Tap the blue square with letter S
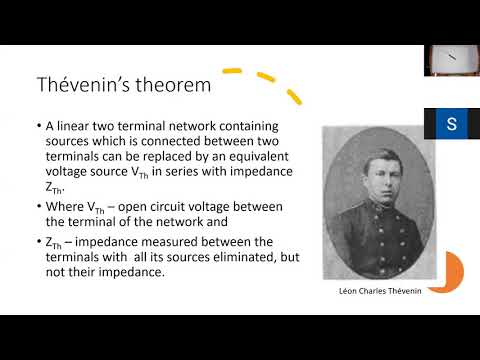pyautogui.click(x=452, y=125)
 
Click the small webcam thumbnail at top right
pyautogui.click(x=451, y=60)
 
